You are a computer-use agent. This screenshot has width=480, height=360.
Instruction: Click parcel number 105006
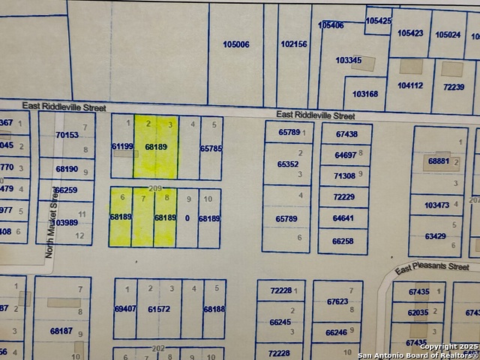[236, 44]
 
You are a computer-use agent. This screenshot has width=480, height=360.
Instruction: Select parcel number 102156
[294, 44]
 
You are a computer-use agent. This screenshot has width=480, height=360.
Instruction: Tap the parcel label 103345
[348, 60]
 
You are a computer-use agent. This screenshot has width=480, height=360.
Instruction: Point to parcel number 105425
[379, 21]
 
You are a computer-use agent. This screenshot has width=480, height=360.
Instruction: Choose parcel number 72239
[454, 87]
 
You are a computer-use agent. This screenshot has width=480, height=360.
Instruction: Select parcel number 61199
[121, 147]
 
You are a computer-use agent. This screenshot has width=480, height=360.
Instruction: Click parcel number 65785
[211, 148]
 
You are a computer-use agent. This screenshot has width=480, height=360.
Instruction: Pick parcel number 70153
[67, 135]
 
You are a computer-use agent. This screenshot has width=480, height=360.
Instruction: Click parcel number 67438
[346, 134]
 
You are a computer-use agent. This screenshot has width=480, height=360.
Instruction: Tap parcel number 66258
[343, 241]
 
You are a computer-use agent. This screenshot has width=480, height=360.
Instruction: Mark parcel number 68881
[439, 161]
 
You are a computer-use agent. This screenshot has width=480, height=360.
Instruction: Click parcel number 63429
[435, 236]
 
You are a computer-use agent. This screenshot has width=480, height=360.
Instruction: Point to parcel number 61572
[159, 309]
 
